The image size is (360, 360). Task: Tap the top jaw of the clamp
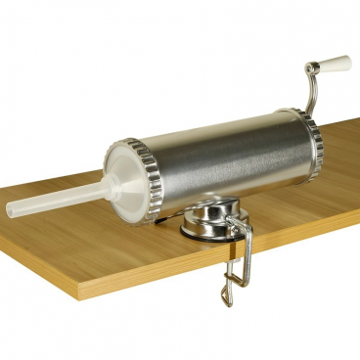point(235,231)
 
